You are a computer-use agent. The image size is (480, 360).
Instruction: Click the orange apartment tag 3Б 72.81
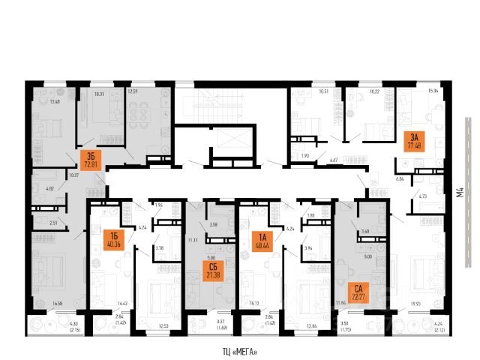91,160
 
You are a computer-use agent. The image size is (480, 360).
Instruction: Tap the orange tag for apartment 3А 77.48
415,140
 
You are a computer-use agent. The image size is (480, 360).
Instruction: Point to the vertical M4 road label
460,198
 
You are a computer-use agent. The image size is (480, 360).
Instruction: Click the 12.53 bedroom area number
163,325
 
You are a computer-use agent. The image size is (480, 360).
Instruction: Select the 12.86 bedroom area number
310,325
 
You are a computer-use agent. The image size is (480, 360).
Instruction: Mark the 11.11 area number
192,239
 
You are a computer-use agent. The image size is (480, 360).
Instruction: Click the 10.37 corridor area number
73,175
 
